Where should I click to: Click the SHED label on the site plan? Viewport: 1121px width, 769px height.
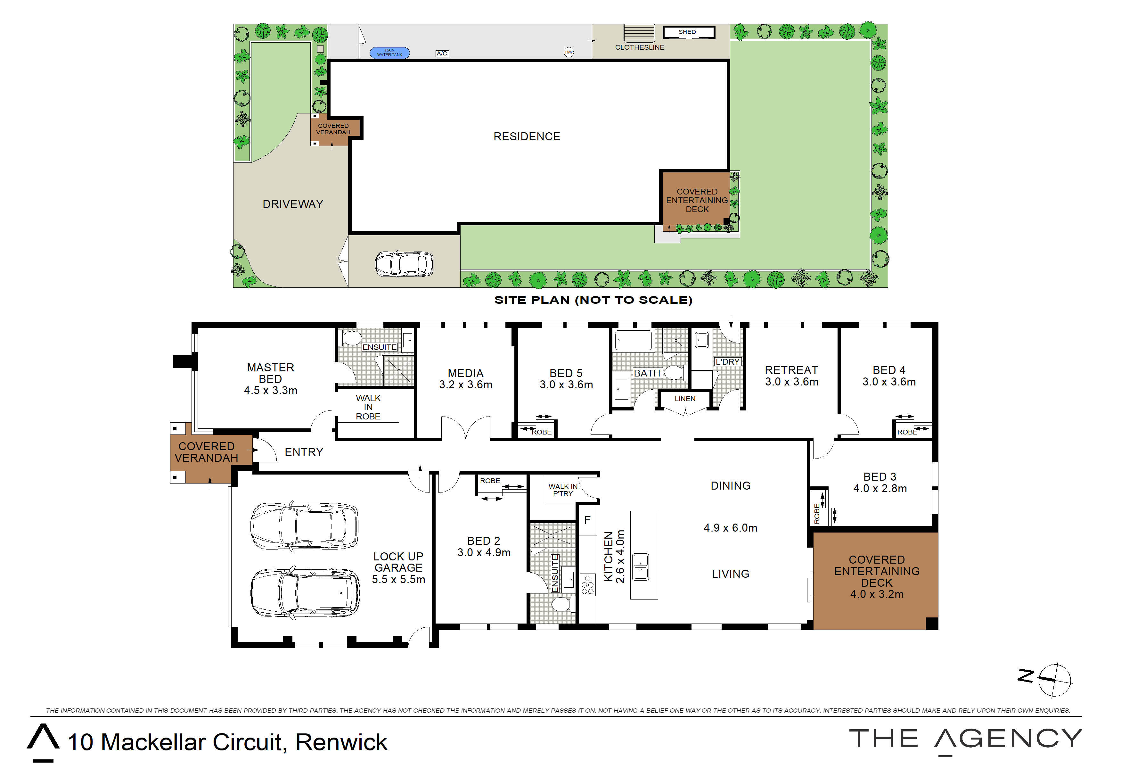click(x=687, y=32)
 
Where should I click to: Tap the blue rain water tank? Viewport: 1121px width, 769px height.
click(x=390, y=53)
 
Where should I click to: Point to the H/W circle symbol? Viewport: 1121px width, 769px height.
click(x=569, y=52)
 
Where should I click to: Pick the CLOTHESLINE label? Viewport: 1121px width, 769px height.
click(x=640, y=47)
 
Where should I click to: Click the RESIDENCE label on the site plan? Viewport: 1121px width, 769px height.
click(x=527, y=136)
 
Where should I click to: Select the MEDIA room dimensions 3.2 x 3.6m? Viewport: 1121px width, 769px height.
click(x=465, y=384)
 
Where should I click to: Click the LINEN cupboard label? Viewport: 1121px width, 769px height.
click(x=685, y=399)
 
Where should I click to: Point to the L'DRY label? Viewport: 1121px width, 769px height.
click(x=727, y=361)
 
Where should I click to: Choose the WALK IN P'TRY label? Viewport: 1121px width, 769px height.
click(x=562, y=490)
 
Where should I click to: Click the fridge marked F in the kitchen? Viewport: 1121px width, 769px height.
click(x=587, y=520)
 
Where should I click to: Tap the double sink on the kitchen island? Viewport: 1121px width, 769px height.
click(x=641, y=567)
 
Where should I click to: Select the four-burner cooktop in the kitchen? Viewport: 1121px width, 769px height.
click(x=587, y=585)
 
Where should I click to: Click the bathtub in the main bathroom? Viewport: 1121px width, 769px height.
click(x=633, y=340)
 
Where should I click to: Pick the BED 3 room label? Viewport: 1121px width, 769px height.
click(x=880, y=477)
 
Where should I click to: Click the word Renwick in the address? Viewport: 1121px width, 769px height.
click(x=341, y=742)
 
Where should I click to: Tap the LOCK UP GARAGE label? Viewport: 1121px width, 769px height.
click(x=398, y=562)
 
